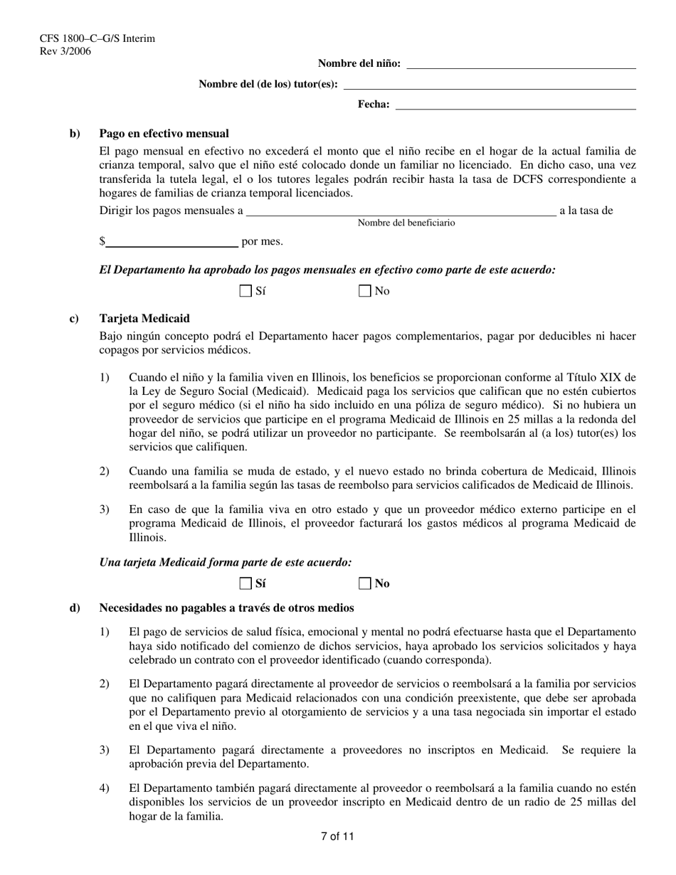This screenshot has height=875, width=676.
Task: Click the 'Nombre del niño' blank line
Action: (x=520, y=64)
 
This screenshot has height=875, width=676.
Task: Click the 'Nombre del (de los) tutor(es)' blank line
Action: (x=490, y=85)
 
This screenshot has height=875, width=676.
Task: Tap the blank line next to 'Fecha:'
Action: (x=515, y=105)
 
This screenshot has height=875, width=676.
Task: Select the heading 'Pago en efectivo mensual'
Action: (x=164, y=134)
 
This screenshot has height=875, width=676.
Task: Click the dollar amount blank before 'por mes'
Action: (x=171, y=242)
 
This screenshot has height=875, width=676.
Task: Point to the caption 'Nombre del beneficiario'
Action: (x=406, y=223)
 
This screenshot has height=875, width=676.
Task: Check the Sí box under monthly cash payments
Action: (x=246, y=291)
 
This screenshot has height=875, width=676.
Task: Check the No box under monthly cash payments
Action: (x=365, y=291)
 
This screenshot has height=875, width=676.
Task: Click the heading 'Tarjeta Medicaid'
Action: (x=144, y=319)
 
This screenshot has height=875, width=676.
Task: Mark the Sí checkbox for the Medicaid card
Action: (x=246, y=584)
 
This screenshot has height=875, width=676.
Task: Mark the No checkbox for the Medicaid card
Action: (x=365, y=584)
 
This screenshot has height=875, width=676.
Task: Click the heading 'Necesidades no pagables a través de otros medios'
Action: (x=226, y=608)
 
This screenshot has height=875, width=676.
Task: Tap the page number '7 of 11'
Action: (x=337, y=837)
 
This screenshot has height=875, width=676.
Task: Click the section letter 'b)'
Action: (x=75, y=134)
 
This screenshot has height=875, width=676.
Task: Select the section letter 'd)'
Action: (x=75, y=608)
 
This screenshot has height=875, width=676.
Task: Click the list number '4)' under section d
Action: (x=105, y=789)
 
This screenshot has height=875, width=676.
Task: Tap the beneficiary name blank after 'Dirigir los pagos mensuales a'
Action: (x=401, y=211)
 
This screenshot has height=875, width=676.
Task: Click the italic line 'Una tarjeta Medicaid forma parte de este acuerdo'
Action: (x=226, y=563)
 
